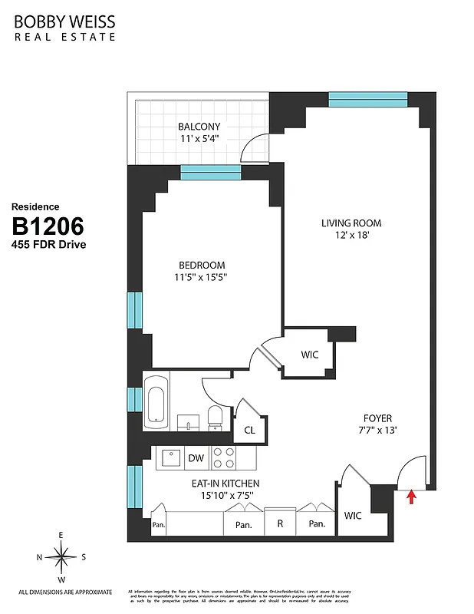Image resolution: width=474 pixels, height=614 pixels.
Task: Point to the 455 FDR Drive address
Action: pos(48,245)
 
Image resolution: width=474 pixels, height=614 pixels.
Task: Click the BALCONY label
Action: pos(199,127)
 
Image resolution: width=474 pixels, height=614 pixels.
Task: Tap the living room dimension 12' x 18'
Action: pos(351,237)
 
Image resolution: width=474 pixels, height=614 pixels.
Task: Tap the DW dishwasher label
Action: pos(196,458)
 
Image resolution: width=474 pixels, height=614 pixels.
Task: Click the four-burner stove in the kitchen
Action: pos(223,458)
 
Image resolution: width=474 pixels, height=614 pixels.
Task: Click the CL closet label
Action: pos(250,431)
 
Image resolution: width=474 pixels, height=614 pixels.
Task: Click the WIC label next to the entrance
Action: pos(354,515)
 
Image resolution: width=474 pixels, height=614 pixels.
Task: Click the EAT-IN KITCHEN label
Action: pos(225,484)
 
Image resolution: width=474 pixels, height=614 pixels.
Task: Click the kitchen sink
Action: pos(169,458)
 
